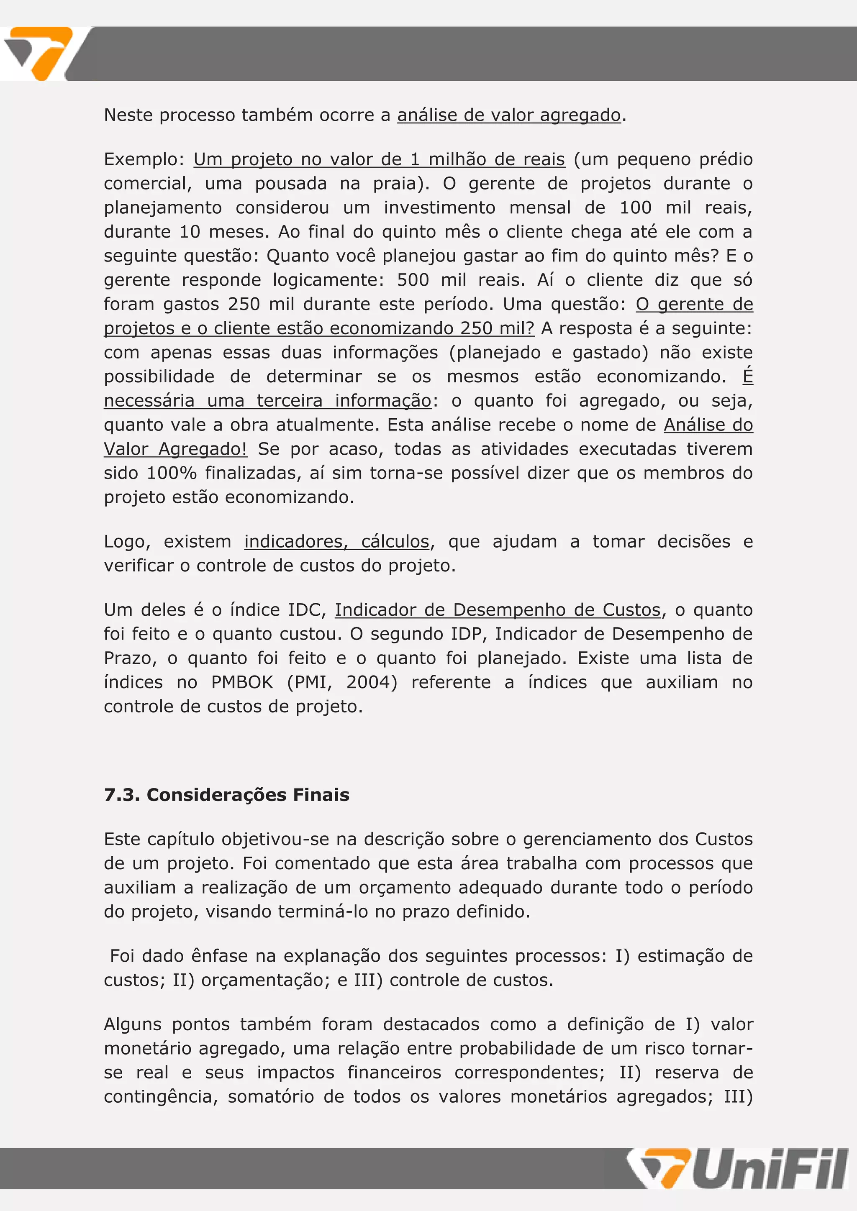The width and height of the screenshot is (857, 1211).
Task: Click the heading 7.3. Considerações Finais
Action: pyautogui.click(x=226, y=794)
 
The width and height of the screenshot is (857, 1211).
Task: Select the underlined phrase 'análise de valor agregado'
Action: pyautogui.click(x=509, y=115)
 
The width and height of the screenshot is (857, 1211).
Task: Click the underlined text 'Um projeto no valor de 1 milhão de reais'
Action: pyautogui.click(x=379, y=159)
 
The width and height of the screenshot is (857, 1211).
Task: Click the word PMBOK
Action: pyautogui.click(x=242, y=682)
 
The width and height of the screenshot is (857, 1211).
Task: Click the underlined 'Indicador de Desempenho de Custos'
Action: pyautogui.click(x=498, y=610)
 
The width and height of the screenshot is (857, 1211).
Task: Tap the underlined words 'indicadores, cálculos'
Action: pyautogui.click(x=337, y=542)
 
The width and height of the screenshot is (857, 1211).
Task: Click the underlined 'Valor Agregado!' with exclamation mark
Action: pyautogui.click(x=175, y=449)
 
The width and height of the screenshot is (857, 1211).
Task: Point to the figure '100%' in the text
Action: pyautogui.click(x=172, y=473)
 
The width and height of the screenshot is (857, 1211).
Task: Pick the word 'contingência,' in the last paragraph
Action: pyautogui.click(x=161, y=1096)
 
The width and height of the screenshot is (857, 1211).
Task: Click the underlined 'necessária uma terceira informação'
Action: pyautogui.click(x=267, y=401)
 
